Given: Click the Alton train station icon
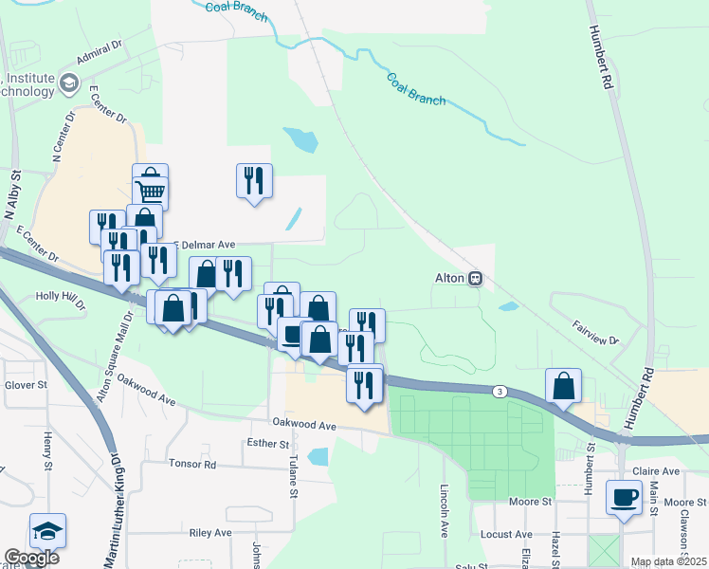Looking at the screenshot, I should click(476, 279).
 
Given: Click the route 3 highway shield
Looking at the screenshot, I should click(500, 391).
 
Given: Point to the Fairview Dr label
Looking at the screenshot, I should click(594, 333).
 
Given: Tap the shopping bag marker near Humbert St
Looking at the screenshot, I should click(564, 386).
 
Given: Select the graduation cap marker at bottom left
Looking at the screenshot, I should click(47, 531).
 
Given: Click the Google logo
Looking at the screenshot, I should click(31, 558).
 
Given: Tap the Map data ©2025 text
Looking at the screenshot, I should click(668, 561).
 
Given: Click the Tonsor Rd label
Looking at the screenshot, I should click(192, 465).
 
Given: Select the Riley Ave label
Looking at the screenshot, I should click(210, 533).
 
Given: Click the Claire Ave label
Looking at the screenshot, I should click(658, 471).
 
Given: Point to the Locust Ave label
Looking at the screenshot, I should click(500, 535).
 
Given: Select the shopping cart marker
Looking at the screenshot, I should click(151, 193).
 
